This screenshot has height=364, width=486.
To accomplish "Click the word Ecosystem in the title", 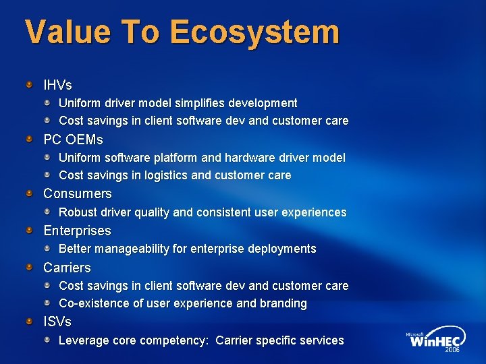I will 254,32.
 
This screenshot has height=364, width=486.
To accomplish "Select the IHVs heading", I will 57,86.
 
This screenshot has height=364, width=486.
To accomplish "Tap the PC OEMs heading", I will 73,140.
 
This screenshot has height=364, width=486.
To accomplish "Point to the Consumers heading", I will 78,194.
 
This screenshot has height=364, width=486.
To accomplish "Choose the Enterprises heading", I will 77,231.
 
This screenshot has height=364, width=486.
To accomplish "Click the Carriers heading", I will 67,268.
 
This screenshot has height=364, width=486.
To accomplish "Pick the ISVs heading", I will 57,322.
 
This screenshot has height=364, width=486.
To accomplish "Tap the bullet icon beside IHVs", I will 30,86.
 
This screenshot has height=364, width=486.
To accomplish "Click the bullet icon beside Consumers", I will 30,194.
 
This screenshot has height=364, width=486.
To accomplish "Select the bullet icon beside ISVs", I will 30,322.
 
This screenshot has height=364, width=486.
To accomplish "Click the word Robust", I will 78,212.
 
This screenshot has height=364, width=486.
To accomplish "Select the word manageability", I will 132,249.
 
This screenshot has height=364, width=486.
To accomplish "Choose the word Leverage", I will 84,340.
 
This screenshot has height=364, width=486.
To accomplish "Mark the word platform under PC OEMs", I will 178,158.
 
